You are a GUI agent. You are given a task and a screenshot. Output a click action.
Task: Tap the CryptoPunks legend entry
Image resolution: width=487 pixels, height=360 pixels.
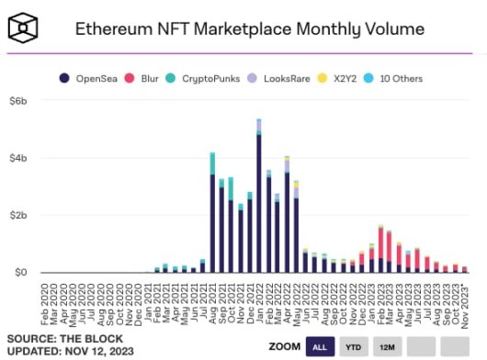pos(208,79)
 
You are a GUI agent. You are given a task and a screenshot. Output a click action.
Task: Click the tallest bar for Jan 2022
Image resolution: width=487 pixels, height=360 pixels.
pos(259,197)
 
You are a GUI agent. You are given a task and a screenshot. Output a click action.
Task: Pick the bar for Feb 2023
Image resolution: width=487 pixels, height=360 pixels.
pos(381,250)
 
